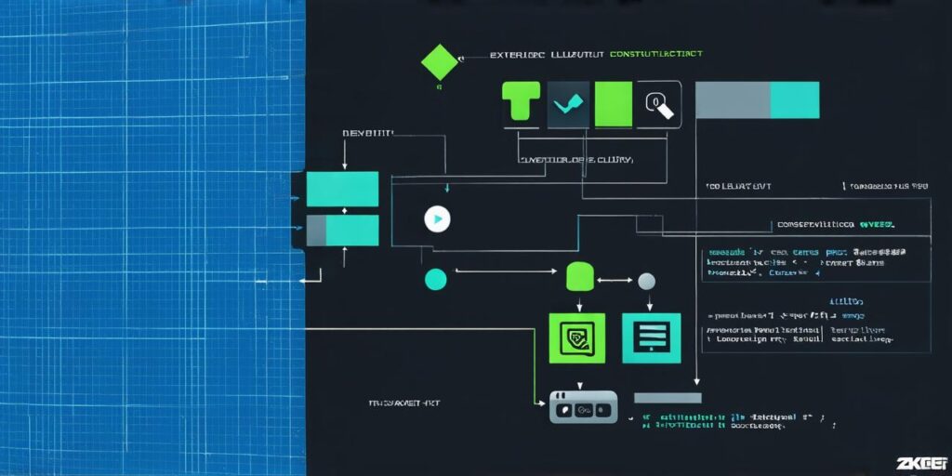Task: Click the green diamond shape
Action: tap(440, 61)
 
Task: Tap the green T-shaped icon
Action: tap(521, 101)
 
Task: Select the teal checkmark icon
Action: tap(567, 102)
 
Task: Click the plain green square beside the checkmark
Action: tap(613, 101)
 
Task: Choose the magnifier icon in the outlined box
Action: tap(657, 103)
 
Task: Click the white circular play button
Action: tap(437, 218)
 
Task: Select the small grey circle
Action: tap(645, 281)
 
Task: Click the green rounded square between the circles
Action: tap(579, 277)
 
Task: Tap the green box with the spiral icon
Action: tap(576, 337)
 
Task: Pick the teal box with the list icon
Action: tap(651, 337)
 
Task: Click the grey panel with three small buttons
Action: tap(583, 406)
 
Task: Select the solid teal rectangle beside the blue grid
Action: tap(342, 189)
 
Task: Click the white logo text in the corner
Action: tap(920, 462)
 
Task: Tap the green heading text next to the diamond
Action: tap(655, 55)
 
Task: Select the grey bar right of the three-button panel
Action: tap(668, 397)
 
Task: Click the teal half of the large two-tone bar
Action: tap(794, 100)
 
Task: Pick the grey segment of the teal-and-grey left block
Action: tap(316, 231)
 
